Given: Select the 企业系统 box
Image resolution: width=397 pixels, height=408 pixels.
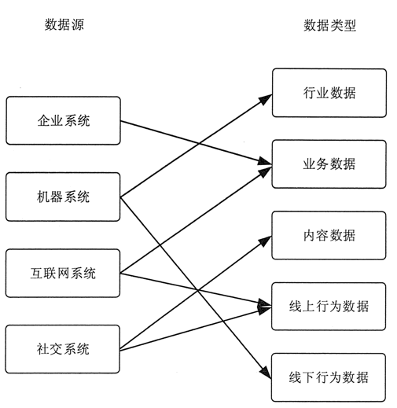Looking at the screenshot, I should click(x=63, y=121).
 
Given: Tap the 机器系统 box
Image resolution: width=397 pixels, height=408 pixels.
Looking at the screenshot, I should click(x=63, y=197).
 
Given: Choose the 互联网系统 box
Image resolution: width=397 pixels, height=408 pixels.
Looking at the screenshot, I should click(x=63, y=273).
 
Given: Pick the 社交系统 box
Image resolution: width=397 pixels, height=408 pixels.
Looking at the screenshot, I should click(x=63, y=348).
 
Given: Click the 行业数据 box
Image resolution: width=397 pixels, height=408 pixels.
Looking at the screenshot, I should click(x=329, y=93).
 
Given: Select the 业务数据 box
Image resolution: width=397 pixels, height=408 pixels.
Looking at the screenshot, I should click(x=329, y=164).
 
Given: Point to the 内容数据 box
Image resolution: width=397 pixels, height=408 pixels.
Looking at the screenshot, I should click(x=329, y=234).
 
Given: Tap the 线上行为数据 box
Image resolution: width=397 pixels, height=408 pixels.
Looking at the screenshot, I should click(x=329, y=306).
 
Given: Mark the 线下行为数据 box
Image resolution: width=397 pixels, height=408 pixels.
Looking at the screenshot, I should click(x=329, y=378).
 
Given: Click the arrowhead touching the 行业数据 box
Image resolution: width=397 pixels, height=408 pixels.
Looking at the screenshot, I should click(x=266, y=98).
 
